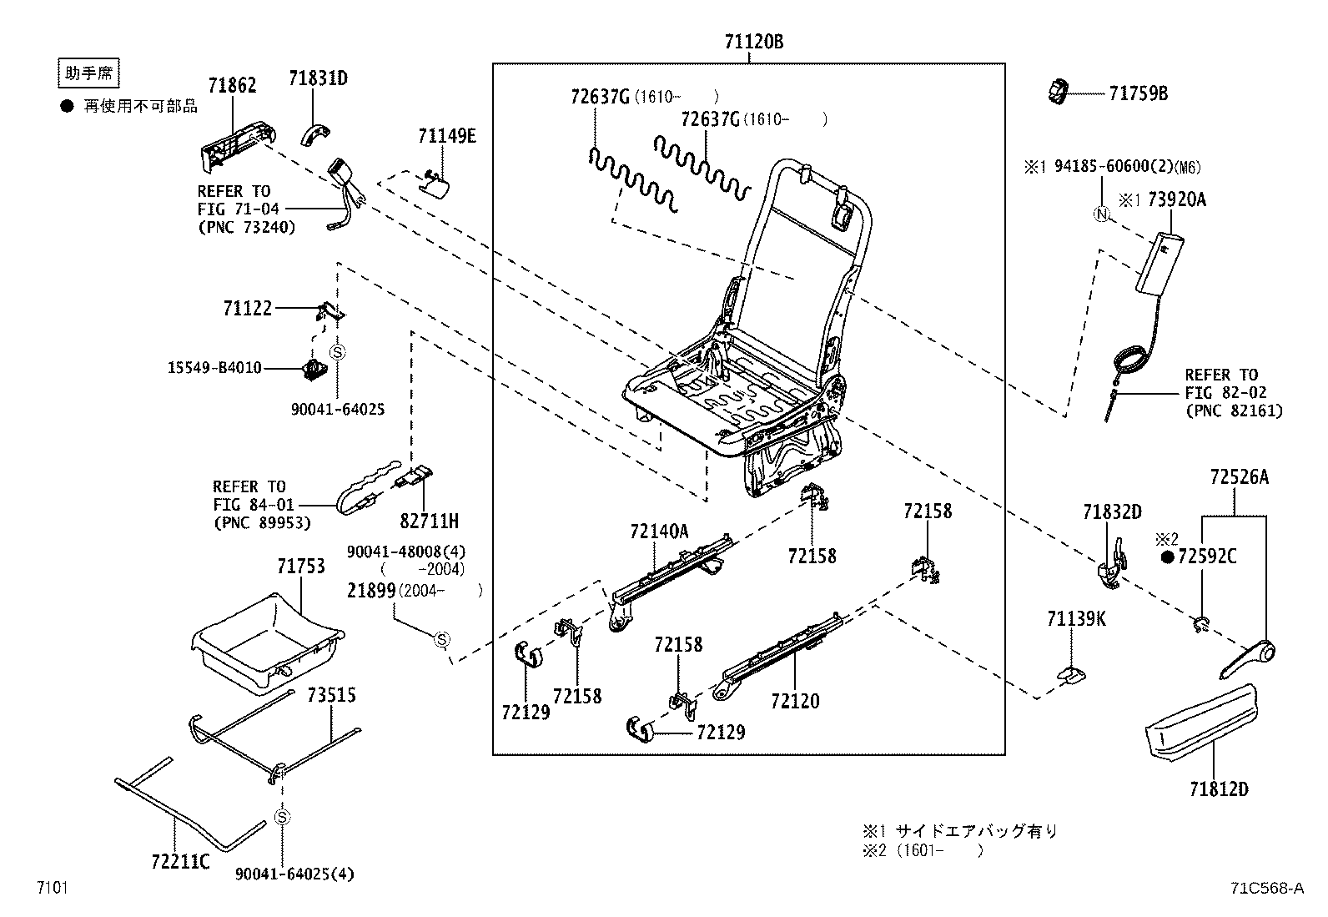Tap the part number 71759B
[x=1138, y=93]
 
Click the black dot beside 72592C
[x=1167, y=557]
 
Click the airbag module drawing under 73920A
[x=1156, y=263]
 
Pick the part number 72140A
[x=659, y=532]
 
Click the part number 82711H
[x=429, y=521]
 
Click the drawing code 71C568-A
[x=1265, y=889]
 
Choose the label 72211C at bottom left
[x=180, y=861]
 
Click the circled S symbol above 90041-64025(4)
[x=282, y=817]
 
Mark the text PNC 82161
[x=1234, y=411]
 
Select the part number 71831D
[x=318, y=79]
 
